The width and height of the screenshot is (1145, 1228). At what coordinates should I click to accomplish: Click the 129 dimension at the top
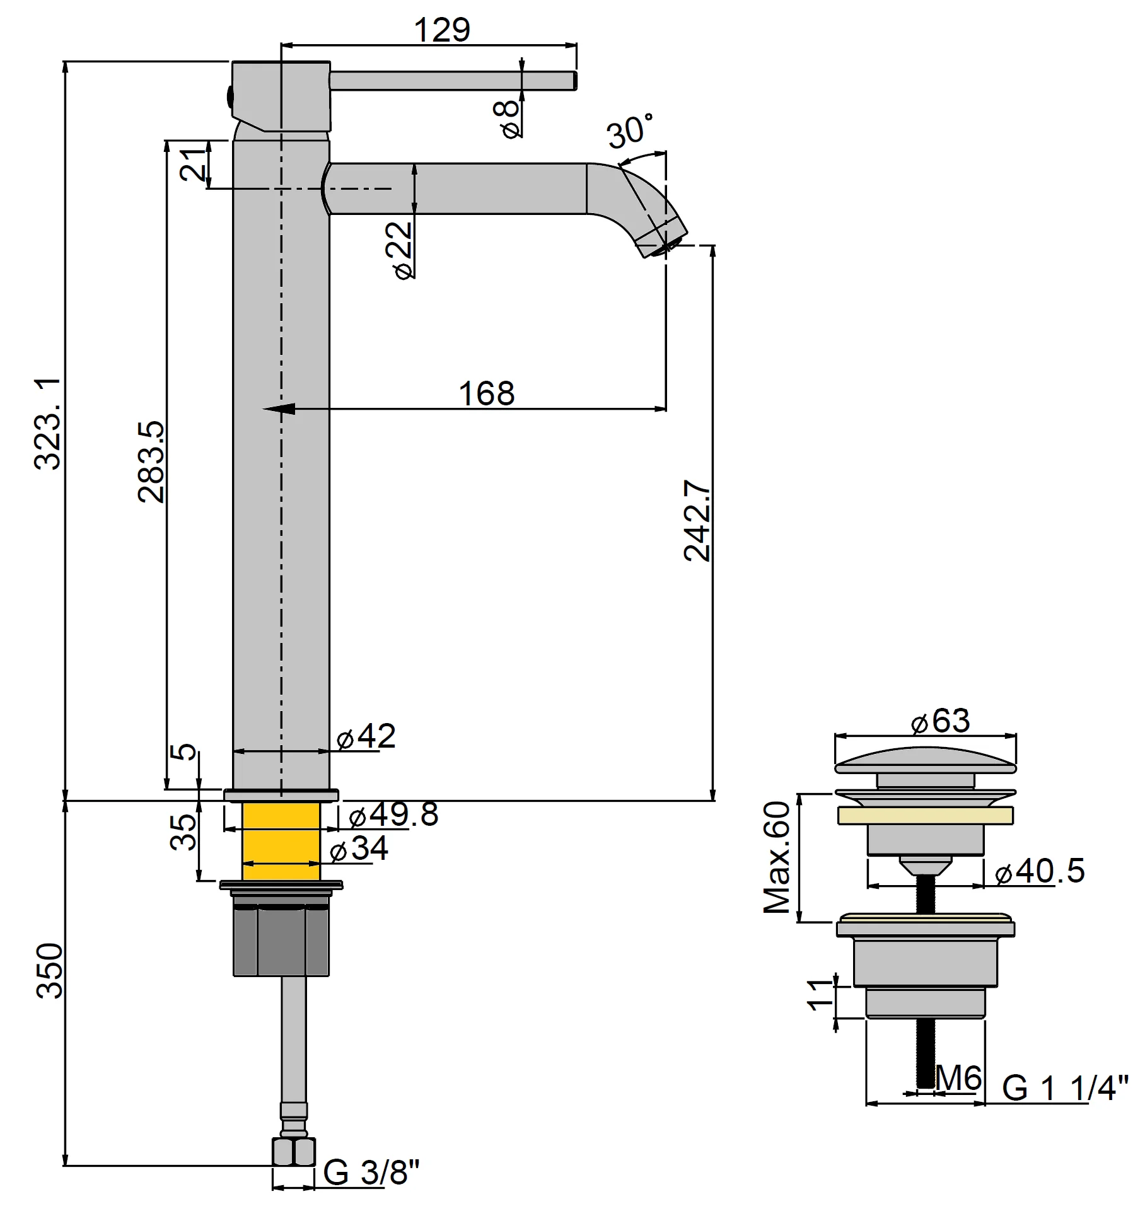[x=442, y=30]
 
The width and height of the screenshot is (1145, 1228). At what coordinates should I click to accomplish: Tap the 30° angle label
[x=630, y=131]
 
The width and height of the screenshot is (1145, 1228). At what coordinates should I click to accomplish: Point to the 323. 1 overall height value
[x=48, y=423]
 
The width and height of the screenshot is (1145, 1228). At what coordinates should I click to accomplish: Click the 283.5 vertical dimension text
[x=152, y=461]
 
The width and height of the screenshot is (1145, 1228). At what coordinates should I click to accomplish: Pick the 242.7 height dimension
[x=697, y=521]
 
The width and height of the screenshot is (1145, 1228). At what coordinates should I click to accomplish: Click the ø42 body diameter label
[x=366, y=736]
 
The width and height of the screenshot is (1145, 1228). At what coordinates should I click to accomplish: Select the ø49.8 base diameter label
[x=393, y=814]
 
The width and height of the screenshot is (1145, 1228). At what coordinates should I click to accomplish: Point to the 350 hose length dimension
[x=49, y=971]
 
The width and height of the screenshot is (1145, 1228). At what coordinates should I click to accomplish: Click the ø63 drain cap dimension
[x=941, y=721]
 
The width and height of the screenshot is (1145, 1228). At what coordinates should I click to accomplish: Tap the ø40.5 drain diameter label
[x=1040, y=871]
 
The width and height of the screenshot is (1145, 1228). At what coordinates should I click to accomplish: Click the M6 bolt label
[x=958, y=1078]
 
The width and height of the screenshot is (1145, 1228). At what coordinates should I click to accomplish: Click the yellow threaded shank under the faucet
[x=281, y=841]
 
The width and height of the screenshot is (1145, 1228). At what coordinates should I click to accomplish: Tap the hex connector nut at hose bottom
[x=293, y=1151]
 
